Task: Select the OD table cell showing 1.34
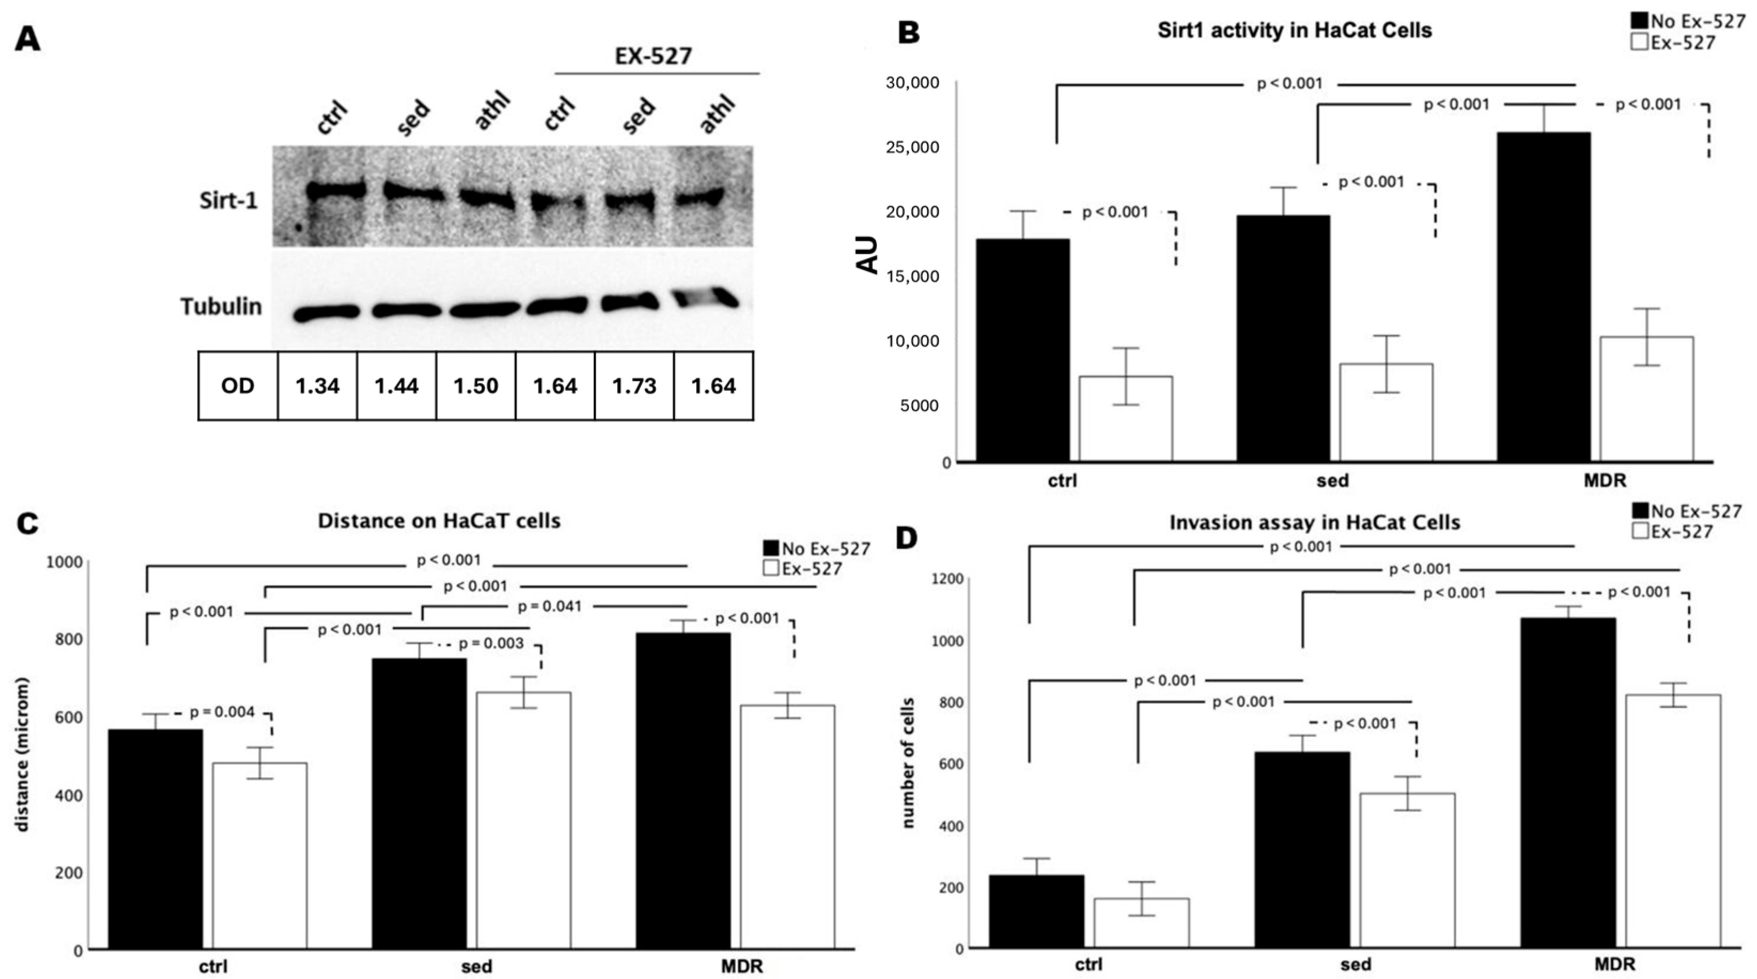[x=317, y=386]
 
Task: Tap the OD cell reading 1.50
[x=475, y=386]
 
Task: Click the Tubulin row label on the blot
[x=221, y=307]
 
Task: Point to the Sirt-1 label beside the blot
[x=229, y=201]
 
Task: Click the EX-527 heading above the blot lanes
[x=654, y=56]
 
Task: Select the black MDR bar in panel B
[x=1543, y=297]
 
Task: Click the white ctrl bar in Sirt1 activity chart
[x=1125, y=418]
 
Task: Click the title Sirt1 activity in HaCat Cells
[x=1294, y=30]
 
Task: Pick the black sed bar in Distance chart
[x=419, y=803]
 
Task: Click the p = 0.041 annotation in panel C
[x=550, y=606]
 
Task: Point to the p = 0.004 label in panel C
[x=222, y=712]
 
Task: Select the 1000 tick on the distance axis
[x=64, y=562]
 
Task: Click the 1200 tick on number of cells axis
[x=947, y=579]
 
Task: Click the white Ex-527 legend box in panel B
[x=1639, y=43]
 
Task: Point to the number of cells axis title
[x=908, y=763]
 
